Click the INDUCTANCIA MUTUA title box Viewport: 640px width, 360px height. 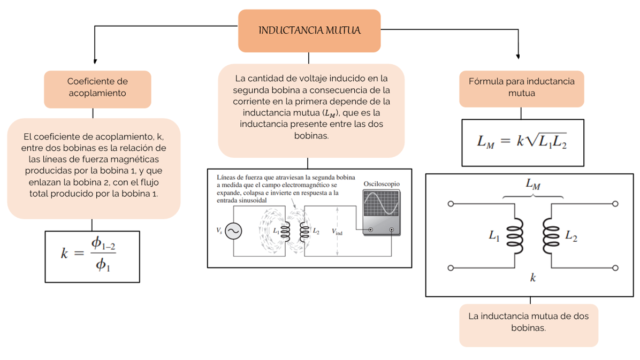[309, 30]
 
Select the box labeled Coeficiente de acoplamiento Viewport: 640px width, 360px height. [97, 87]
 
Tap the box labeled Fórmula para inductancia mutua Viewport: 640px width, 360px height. [521, 87]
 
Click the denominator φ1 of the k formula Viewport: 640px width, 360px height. [103, 264]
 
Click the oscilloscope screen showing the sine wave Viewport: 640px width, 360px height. [379, 205]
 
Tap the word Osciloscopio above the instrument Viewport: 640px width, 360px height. [381, 183]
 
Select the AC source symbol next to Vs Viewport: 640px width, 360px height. [233, 231]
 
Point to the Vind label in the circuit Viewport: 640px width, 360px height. [337, 232]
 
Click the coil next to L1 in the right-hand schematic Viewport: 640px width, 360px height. [515, 235]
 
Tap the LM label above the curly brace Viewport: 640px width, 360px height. [532, 185]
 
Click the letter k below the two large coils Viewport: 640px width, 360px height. [533, 278]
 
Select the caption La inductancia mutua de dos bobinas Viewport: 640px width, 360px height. [528, 322]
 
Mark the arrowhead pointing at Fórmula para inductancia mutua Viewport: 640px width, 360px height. [518, 55]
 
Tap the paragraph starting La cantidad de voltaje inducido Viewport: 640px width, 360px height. [311, 108]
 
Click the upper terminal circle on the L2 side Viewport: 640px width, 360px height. [615, 204]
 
